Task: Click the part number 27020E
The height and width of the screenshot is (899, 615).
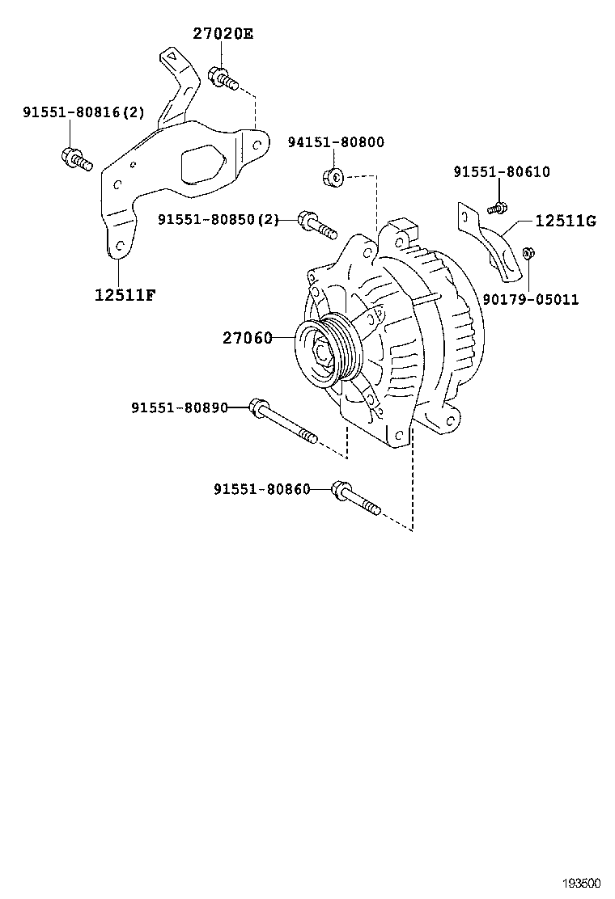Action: tap(223, 33)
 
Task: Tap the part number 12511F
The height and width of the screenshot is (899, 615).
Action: tap(125, 294)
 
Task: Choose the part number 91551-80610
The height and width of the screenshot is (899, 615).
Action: tap(501, 171)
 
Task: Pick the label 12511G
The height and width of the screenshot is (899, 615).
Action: tap(566, 220)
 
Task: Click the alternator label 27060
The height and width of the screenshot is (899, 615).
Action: tap(248, 338)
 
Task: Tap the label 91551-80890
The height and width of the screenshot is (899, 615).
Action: tap(179, 407)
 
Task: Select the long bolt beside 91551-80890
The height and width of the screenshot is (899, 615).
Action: tap(284, 421)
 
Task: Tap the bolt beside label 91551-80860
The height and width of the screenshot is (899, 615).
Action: tap(356, 499)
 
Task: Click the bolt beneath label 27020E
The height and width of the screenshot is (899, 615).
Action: tap(222, 78)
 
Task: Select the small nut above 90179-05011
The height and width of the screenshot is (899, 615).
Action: tap(528, 254)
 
